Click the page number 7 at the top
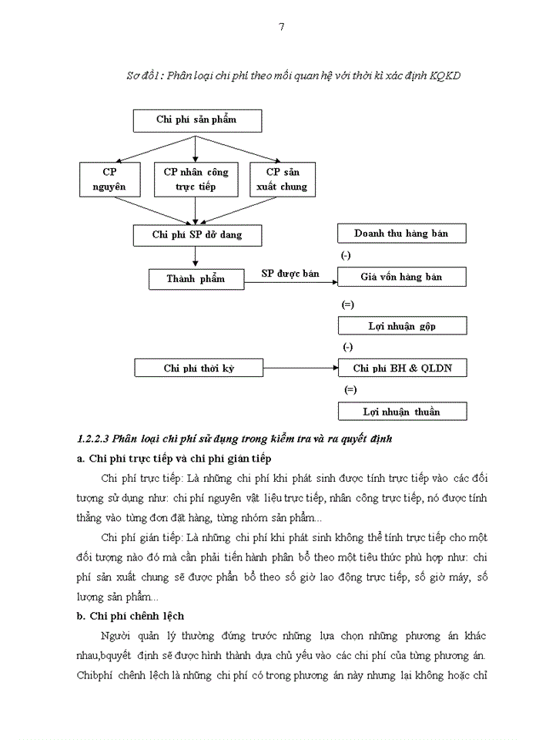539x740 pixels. click(x=281, y=27)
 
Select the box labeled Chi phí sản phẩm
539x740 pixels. click(x=196, y=119)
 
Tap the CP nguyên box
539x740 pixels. click(x=110, y=179)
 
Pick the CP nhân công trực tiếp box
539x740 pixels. click(x=196, y=179)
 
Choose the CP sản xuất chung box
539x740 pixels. click(x=283, y=179)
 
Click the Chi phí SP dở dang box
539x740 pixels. click(x=196, y=234)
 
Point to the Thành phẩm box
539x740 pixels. click(x=196, y=278)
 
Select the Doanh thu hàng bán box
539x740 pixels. click(x=401, y=233)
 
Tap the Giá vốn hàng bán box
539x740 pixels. click(x=401, y=277)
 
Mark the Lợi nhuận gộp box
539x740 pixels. click(x=401, y=326)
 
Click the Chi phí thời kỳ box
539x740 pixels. click(x=199, y=368)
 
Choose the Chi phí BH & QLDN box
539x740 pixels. click(x=401, y=368)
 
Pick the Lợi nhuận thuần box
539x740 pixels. click(x=401, y=412)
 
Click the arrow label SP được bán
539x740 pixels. click(x=290, y=274)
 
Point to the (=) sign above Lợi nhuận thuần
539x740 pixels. click(x=350, y=389)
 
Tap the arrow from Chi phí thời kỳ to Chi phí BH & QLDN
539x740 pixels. click(x=300, y=369)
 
